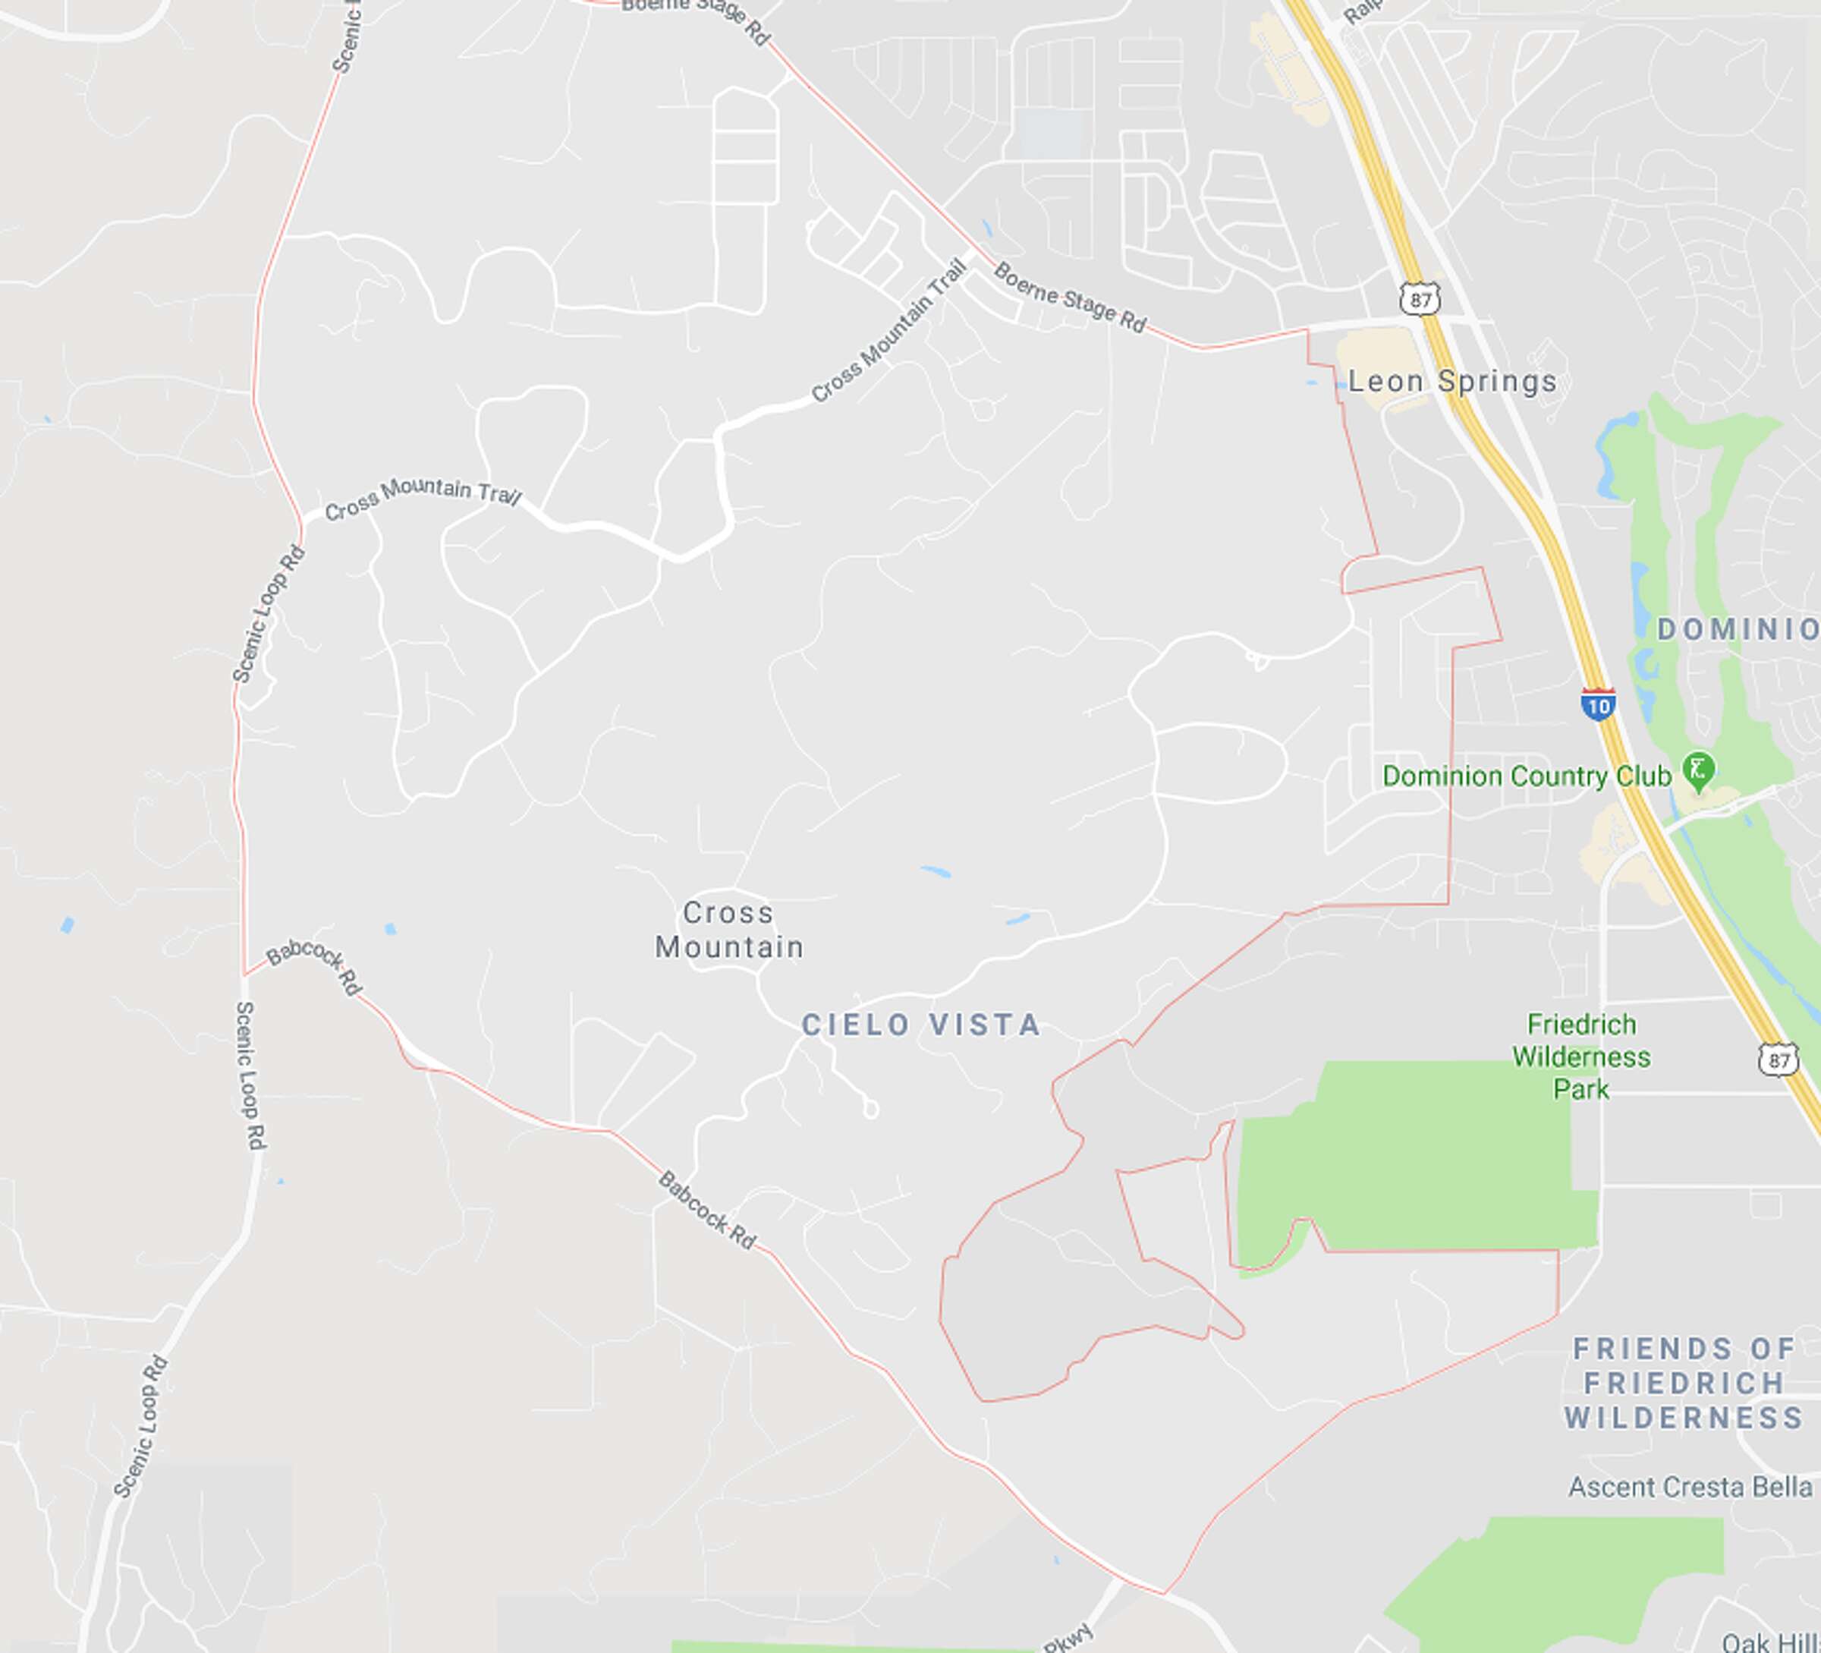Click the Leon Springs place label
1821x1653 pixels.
1451,382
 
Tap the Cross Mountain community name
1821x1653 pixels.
729,930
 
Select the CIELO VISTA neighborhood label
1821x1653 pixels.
921,1025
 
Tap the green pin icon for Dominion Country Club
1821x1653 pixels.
1698,770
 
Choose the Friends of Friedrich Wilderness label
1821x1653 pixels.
1684,1384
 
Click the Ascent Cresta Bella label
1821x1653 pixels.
1690,1487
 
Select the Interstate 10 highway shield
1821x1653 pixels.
1598,704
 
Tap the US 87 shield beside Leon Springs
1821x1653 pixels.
1421,299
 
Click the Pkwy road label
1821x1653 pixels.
1068,1637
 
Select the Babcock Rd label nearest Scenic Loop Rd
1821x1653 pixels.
314,965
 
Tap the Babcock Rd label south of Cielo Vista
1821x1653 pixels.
706,1211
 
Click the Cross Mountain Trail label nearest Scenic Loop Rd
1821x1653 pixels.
423,498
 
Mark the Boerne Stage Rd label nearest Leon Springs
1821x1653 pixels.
1070,298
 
